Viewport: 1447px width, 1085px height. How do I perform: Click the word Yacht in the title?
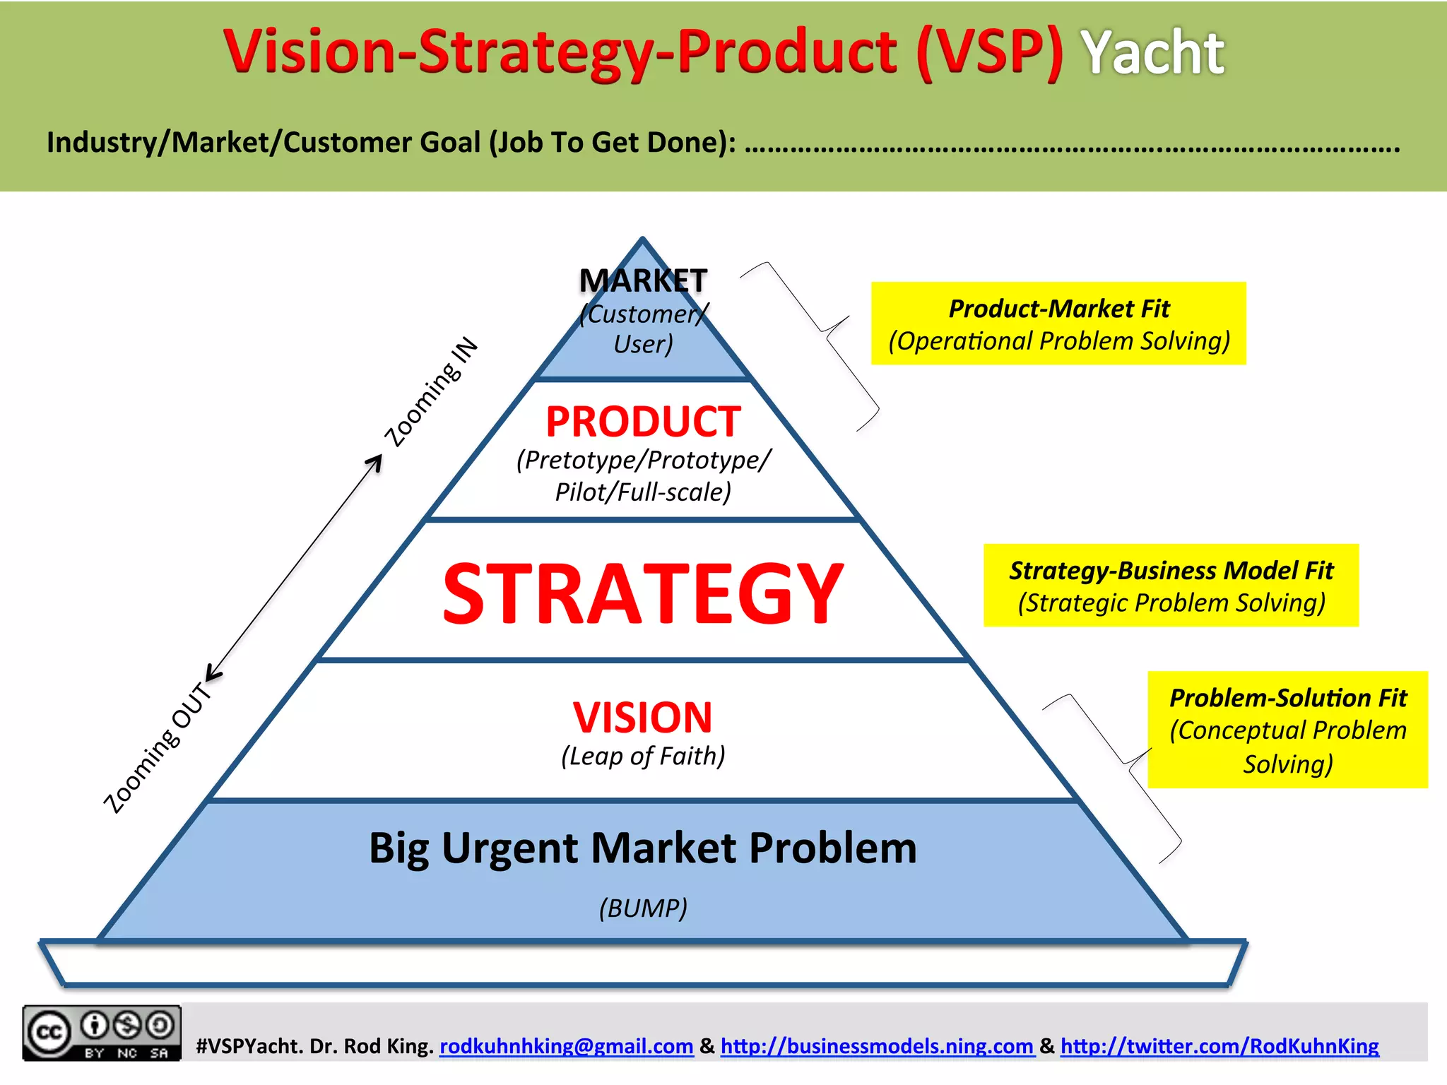tap(1153, 53)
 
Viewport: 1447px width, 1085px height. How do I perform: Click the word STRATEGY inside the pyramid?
tap(643, 593)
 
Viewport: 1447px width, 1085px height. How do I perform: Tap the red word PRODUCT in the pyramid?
tap(643, 422)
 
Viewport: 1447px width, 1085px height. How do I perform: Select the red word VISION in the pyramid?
tap(643, 717)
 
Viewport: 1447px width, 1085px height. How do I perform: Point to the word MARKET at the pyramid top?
tap(643, 280)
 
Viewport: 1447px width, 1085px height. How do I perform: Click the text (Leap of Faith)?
tap(643, 756)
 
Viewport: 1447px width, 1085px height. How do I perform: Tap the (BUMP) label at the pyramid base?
tap(643, 908)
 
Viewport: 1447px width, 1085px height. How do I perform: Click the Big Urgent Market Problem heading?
tap(643, 848)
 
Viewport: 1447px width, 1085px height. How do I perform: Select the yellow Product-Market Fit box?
tap(1058, 324)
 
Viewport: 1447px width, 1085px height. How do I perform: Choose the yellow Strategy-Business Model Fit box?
tap(1171, 586)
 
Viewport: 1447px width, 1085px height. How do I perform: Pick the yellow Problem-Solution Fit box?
tap(1287, 730)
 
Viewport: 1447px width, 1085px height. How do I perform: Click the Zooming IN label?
tap(431, 392)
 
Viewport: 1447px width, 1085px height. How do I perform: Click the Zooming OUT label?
tap(158, 749)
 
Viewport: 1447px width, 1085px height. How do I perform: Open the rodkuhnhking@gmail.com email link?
tap(566, 1046)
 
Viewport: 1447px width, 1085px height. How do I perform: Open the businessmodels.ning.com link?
tap(877, 1046)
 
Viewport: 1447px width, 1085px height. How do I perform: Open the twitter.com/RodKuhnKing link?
tap(1219, 1046)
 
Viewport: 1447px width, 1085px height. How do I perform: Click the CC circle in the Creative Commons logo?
tap(48, 1033)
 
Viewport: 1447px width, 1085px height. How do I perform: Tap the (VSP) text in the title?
tap(989, 53)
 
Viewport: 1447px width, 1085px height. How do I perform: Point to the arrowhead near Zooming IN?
tap(375, 462)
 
